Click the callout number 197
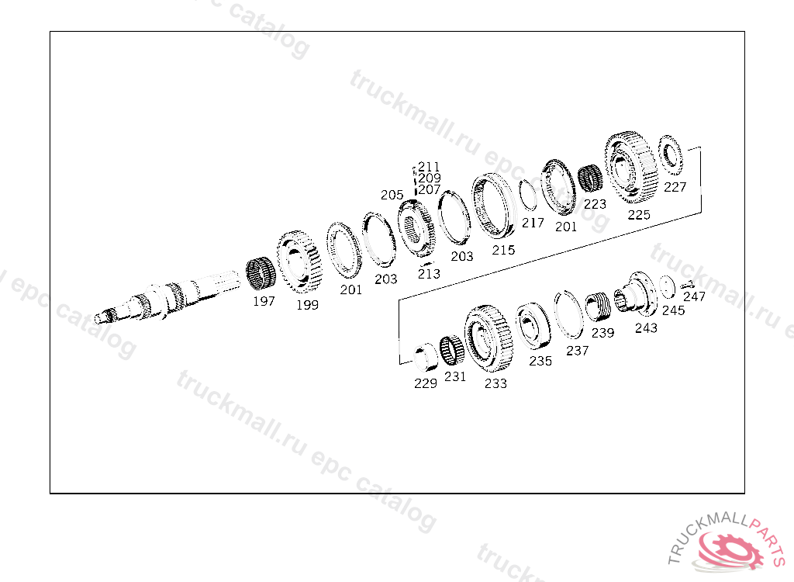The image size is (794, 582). [264, 301]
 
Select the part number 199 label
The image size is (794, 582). [307, 305]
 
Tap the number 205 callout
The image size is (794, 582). [392, 195]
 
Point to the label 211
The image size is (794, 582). [429, 167]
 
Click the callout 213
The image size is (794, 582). [429, 274]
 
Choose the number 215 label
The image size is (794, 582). [503, 250]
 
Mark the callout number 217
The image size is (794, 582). [533, 223]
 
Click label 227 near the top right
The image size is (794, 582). [675, 187]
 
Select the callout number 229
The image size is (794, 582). [426, 383]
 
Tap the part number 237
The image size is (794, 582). [577, 351]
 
